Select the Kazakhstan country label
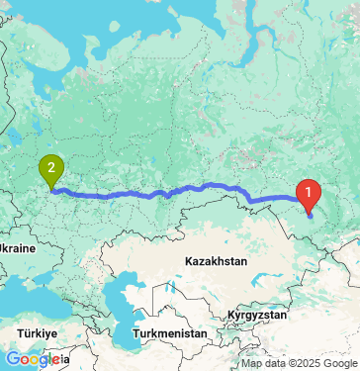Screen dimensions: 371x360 (215, 261)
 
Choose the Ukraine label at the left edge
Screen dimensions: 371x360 (18, 246)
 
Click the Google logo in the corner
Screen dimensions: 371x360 (33, 359)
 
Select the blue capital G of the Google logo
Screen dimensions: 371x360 (12, 359)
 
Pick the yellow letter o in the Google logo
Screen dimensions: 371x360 (34, 360)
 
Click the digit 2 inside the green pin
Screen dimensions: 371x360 (50, 167)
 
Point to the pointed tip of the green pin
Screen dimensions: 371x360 (51, 188)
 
